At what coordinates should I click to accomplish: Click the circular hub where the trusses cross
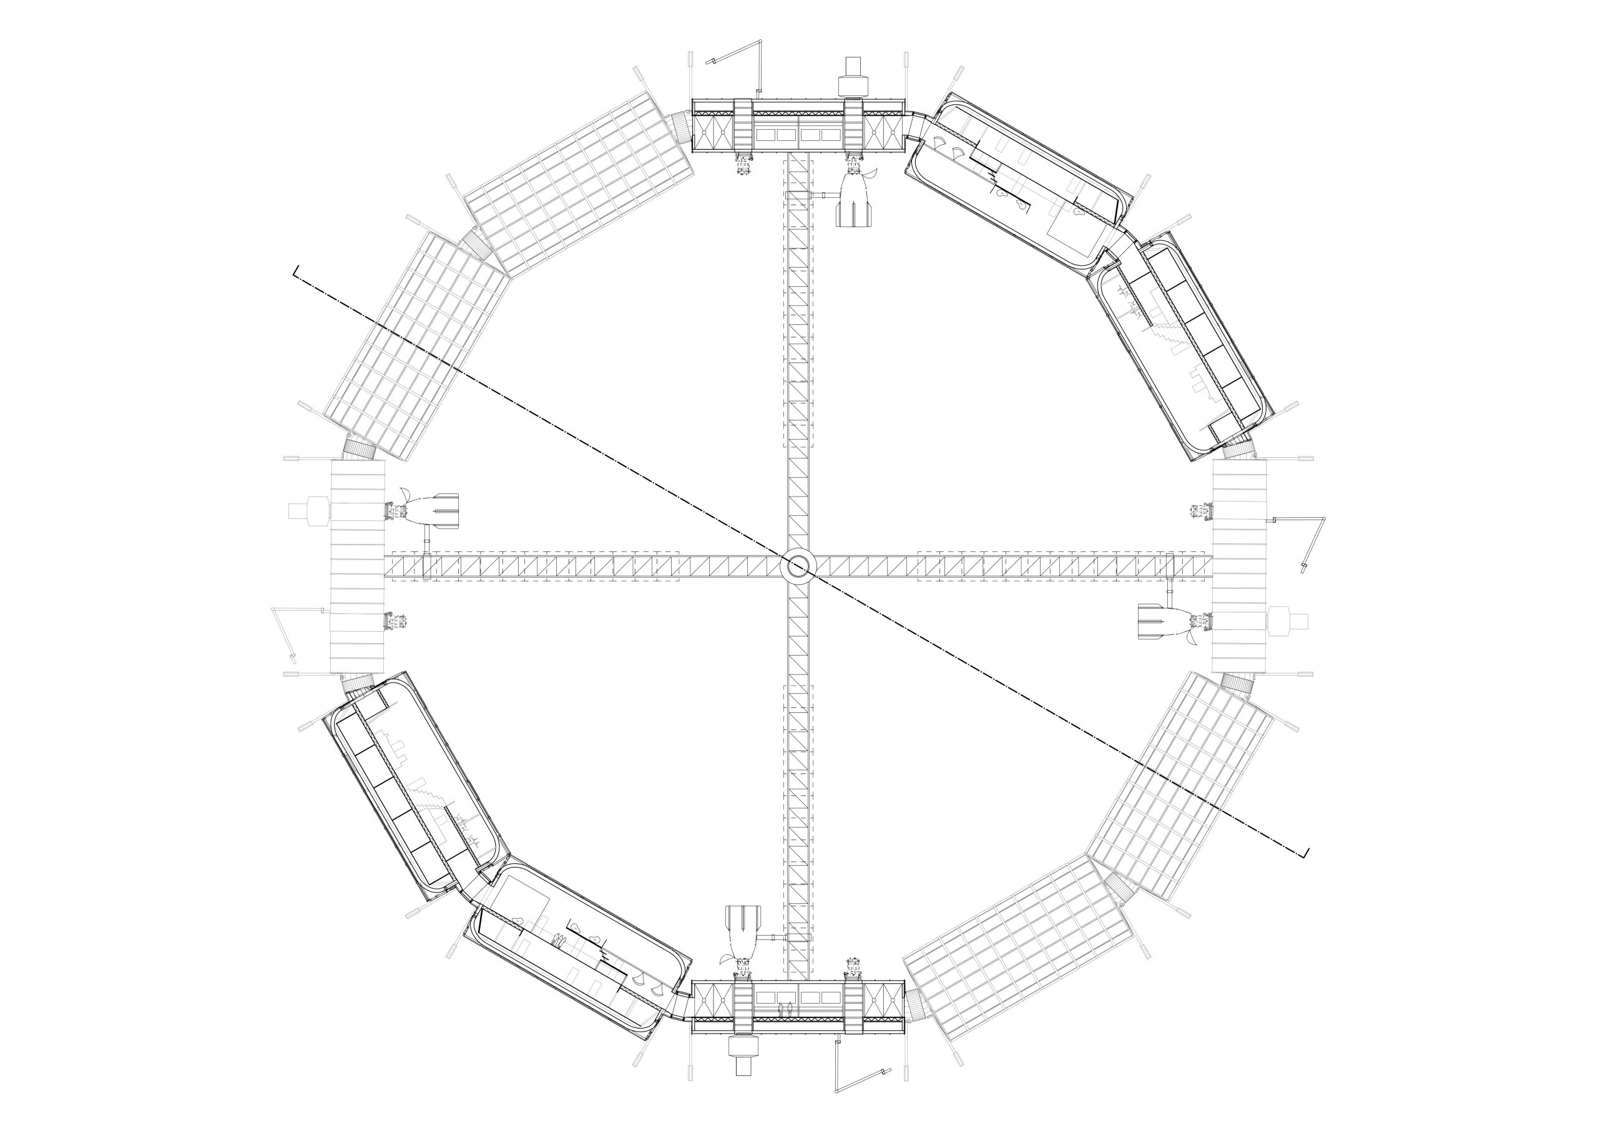pos(798,567)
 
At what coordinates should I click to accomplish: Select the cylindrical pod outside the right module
pos(1288,621)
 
